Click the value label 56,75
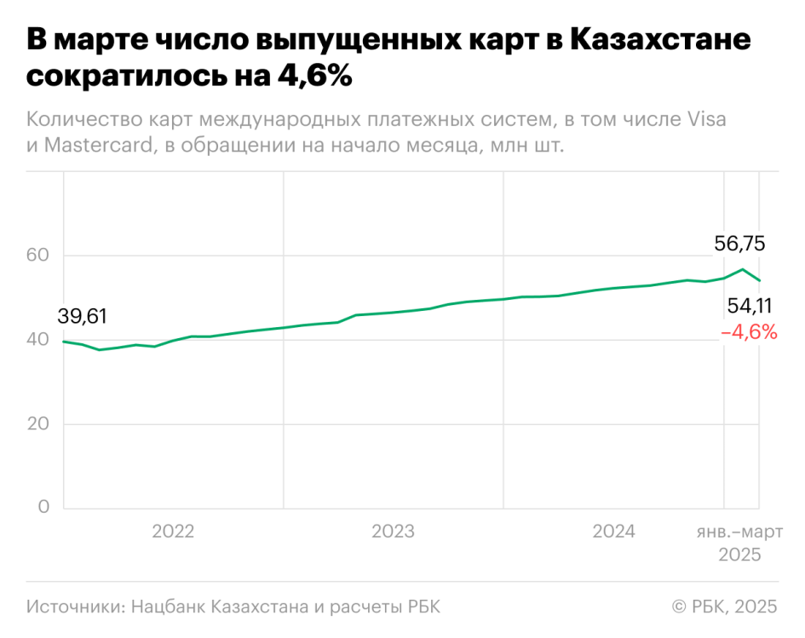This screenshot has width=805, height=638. pos(739,244)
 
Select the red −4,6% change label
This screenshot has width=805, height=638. pos(750,332)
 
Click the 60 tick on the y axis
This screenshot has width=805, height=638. pos(38,256)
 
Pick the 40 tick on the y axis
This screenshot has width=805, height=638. pos(38,340)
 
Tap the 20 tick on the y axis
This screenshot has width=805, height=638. pos(38,424)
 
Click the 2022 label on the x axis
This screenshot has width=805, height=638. pos(173,532)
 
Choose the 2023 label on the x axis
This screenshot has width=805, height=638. pos(393,532)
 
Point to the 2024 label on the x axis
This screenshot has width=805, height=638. pos(613,532)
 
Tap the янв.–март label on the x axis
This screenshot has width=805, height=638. pos(724,532)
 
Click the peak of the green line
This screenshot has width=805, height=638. pos(743,269)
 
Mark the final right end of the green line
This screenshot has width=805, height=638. pos(759,280)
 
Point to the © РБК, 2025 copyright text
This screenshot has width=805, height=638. pos(724,606)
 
